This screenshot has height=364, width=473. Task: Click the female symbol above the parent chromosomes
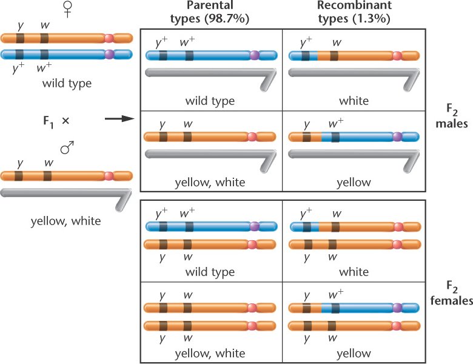(x=51, y=10)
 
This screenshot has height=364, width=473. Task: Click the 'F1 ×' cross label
(x=57, y=120)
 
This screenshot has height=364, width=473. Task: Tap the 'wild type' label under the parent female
(x=67, y=83)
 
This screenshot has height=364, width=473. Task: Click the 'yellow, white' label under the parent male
(x=65, y=221)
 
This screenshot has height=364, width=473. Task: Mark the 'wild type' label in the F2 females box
(x=210, y=272)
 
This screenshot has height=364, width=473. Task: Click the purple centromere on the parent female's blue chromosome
(x=109, y=54)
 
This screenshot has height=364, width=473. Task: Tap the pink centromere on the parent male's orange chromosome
(x=109, y=176)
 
